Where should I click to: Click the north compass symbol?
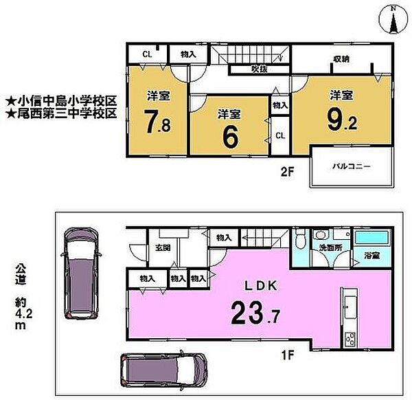click(393, 20)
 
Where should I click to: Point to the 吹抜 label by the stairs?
click(259, 68)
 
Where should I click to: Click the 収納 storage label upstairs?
click(341, 59)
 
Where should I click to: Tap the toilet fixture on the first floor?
click(300, 241)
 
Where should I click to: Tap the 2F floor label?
click(286, 172)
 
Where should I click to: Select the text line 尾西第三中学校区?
click(60, 112)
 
